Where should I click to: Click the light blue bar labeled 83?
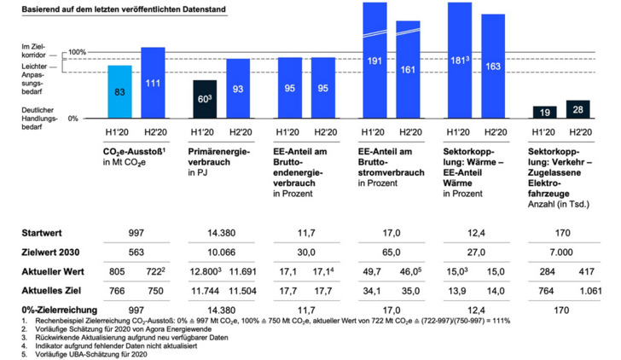tap(119, 92)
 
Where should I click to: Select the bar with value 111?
tap(153, 83)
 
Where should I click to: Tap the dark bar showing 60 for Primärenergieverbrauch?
tap(205, 99)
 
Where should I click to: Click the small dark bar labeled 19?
tap(544, 113)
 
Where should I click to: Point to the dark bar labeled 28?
tap(577, 110)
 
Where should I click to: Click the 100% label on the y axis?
tap(78, 52)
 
